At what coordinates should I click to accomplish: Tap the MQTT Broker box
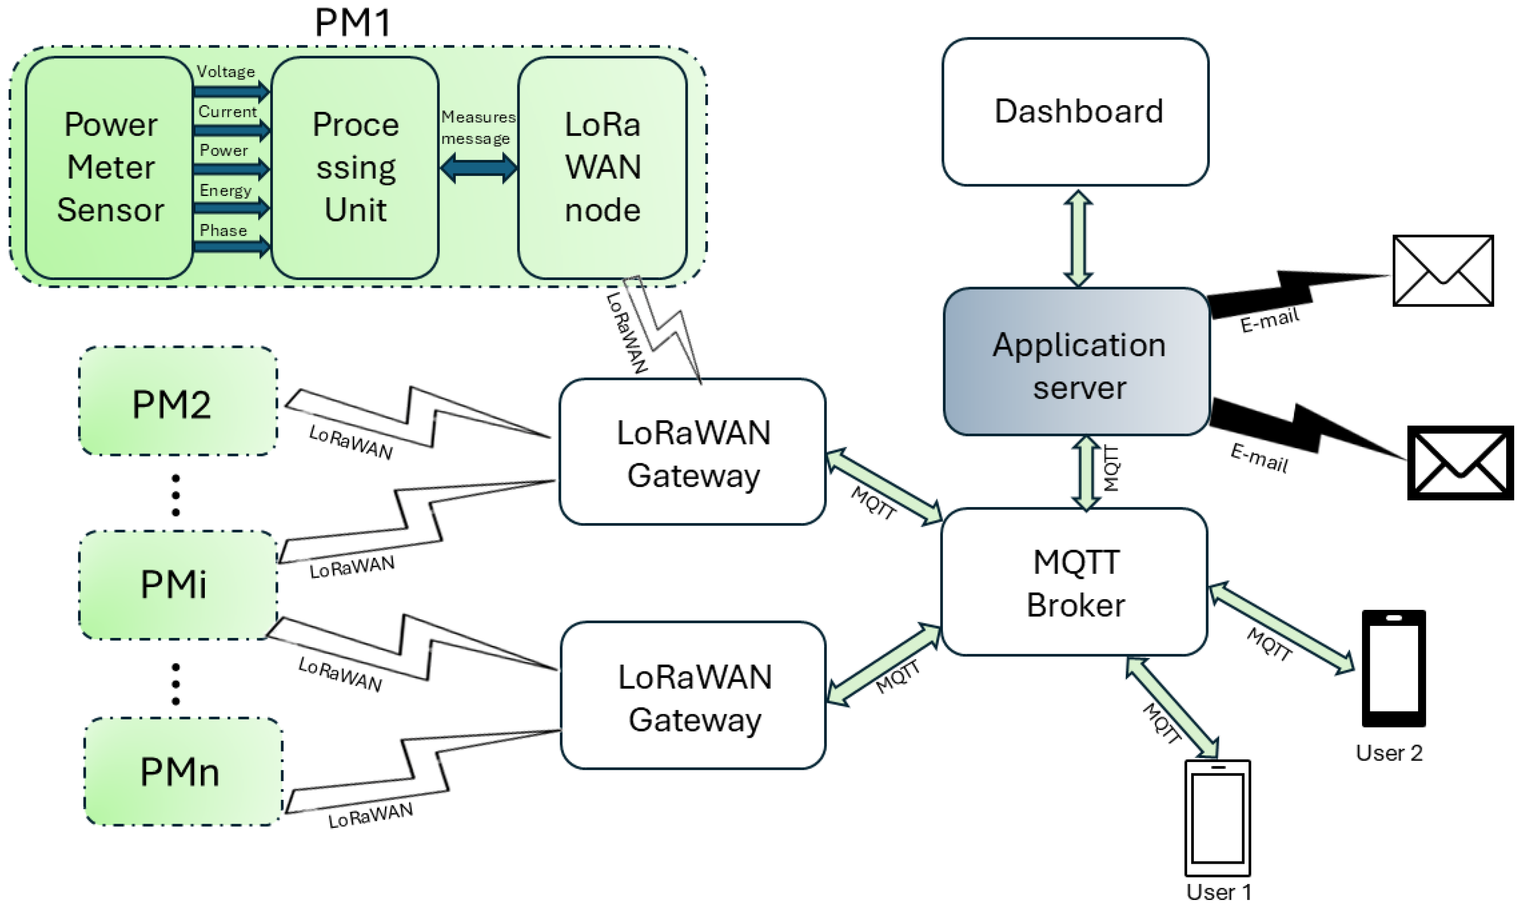[1075, 582]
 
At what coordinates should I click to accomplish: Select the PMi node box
[178, 585]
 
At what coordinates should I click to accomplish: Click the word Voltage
[226, 72]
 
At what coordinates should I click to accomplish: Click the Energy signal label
[225, 190]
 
